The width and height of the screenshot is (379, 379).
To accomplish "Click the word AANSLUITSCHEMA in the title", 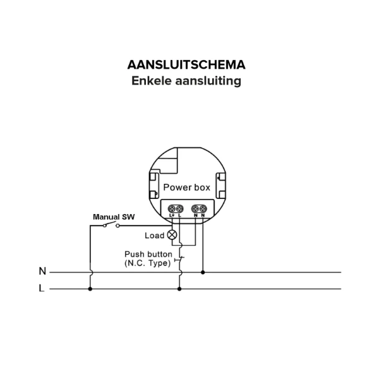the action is click(186, 65).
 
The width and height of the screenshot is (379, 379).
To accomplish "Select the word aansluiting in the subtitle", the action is click(208, 81).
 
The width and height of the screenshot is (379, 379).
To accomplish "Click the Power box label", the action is click(186, 188).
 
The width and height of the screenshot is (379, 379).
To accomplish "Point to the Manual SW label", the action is click(114, 217).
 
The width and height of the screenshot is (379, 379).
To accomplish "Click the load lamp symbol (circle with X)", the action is click(172, 235).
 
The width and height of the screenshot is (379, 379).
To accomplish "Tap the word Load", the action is click(155, 236).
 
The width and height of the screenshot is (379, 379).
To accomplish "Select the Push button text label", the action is click(148, 254).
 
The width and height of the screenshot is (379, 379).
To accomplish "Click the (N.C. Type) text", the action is click(148, 263).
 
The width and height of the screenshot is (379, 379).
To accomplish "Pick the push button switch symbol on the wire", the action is click(179, 260).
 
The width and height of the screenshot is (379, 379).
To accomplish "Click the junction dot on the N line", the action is click(203, 272).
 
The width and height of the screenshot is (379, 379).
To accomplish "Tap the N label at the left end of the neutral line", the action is click(42, 271).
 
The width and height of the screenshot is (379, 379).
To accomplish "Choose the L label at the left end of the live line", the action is click(42, 288).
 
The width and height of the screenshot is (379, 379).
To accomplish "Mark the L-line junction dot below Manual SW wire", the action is click(90, 289).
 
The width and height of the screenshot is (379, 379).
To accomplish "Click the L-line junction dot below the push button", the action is click(179, 289).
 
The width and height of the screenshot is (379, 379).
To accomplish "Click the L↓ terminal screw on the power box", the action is click(172, 208).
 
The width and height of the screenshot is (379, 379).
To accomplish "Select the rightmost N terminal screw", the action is click(203, 208).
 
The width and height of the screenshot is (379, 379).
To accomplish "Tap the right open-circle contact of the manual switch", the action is click(117, 226).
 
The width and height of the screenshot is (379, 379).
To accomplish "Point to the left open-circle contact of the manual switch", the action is click(105, 226).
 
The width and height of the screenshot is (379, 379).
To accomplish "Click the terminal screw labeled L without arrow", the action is click(179, 208).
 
